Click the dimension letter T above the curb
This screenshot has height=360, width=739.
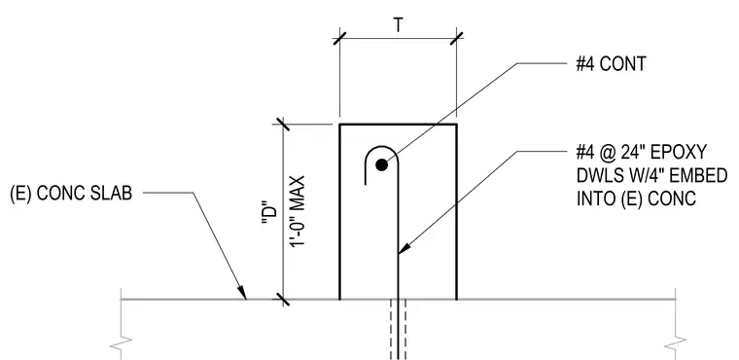(399, 25)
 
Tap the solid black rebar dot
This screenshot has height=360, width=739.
(382, 164)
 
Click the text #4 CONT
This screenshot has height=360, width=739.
(611, 63)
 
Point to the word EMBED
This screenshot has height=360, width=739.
(698, 175)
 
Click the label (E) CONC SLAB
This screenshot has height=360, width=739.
(71, 193)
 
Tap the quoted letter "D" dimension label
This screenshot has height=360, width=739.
(269, 219)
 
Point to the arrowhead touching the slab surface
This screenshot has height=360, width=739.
(241, 293)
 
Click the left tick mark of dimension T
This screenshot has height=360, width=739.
(339, 39)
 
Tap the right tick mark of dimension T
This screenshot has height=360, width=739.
(456, 39)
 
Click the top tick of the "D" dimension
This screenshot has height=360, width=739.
(283, 125)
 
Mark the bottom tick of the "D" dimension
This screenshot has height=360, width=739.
(283, 299)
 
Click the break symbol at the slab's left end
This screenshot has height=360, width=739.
(122, 344)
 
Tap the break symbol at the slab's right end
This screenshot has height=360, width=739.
(676, 344)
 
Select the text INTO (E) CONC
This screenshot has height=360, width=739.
(636, 198)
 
